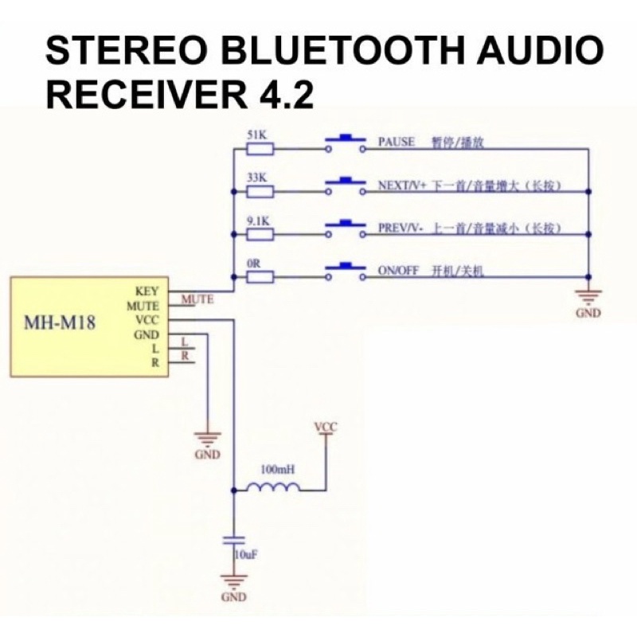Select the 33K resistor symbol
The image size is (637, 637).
(x=260, y=190)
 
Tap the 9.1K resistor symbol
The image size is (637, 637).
(x=260, y=233)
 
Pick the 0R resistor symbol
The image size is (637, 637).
(x=260, y=276)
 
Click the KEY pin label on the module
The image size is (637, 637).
(x=147, y=291)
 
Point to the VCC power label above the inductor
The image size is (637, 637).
(x=326, y=428)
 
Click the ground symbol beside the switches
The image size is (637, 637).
(x=588, y=299)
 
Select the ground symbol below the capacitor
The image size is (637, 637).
(x=233, y=583)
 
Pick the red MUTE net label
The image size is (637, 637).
(x=197, y=300)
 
